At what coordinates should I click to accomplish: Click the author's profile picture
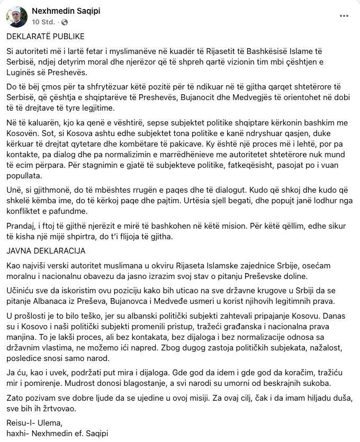(x=16, y=16)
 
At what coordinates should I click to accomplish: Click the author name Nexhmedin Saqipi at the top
(x=66, y=11)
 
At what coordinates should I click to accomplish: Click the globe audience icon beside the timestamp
(x=65, y=22)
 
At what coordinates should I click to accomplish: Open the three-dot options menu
(x=344, y=16)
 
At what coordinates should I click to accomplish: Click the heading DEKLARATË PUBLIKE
(x=46, y=37)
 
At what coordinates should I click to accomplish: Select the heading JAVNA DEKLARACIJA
(x=46, y=250)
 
